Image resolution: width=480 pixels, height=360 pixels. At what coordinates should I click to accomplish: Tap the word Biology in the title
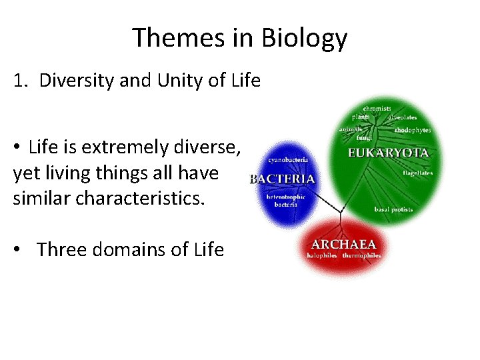click(x=305, y=38)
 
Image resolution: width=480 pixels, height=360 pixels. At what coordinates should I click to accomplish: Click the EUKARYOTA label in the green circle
click(x=388, y=153)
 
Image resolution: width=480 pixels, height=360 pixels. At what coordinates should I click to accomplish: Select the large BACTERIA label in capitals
click(x=282, y=179)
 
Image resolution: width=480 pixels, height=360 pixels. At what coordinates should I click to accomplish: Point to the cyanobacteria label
click(x=287, y=161)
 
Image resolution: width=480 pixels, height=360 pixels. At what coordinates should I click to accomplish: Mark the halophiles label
click(x=322, y=255)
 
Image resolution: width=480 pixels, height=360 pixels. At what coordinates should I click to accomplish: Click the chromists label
click(x=377, y=108)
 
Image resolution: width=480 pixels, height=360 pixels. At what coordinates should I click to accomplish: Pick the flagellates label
click(x=417, y=173)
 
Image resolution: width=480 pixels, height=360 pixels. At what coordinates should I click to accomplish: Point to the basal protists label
click(x=393, y=209)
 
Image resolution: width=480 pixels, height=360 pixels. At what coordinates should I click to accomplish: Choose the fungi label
click(x=363, y=138)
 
